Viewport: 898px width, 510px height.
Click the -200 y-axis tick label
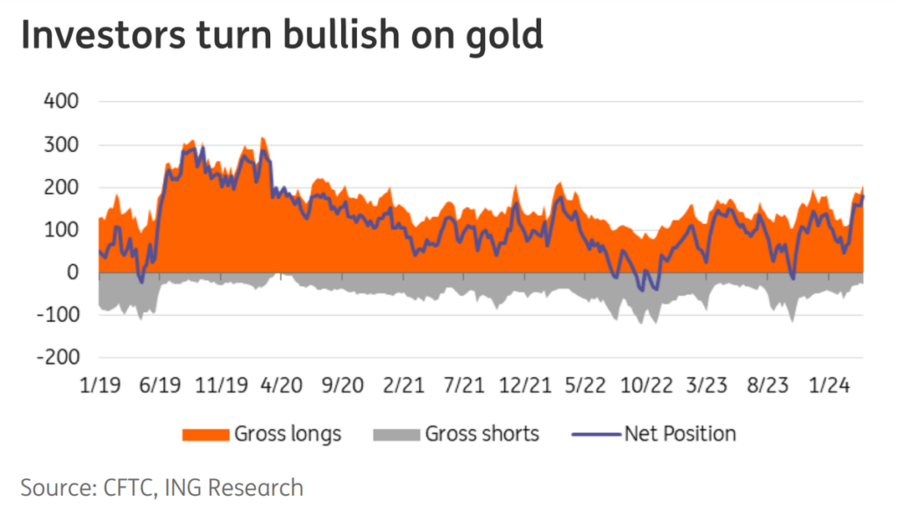[57, 358]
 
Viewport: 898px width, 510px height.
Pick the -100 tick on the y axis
[57, 316]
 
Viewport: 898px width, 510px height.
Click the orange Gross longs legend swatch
[204, 434]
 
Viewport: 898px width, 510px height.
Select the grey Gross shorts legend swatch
[395, 434]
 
